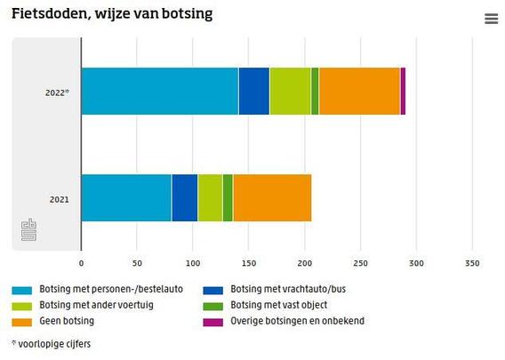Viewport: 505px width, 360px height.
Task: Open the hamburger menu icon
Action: tap(491, 19)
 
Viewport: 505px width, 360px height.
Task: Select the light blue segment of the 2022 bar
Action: tap(159, 91)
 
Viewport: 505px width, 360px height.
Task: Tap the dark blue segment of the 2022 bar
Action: tap(253, 91)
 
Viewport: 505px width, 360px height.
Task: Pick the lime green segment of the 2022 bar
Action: tap(290, 91)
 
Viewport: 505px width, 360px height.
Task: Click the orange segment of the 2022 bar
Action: tap(359, 91)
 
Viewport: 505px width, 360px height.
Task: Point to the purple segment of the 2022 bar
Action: tap(403, 91)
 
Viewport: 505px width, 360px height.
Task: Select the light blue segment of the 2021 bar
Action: tap(125, 197)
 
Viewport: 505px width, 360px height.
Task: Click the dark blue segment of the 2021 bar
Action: tap(184, 197)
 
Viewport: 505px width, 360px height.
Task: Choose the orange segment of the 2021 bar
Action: tap(272, 197)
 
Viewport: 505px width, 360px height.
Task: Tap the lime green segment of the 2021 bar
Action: tap(210, 197)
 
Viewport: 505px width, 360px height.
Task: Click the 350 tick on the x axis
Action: tap(472, 263)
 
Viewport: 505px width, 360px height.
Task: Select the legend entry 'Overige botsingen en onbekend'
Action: tap(297, 321)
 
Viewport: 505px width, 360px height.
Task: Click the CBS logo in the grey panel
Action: tap(28, 229)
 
